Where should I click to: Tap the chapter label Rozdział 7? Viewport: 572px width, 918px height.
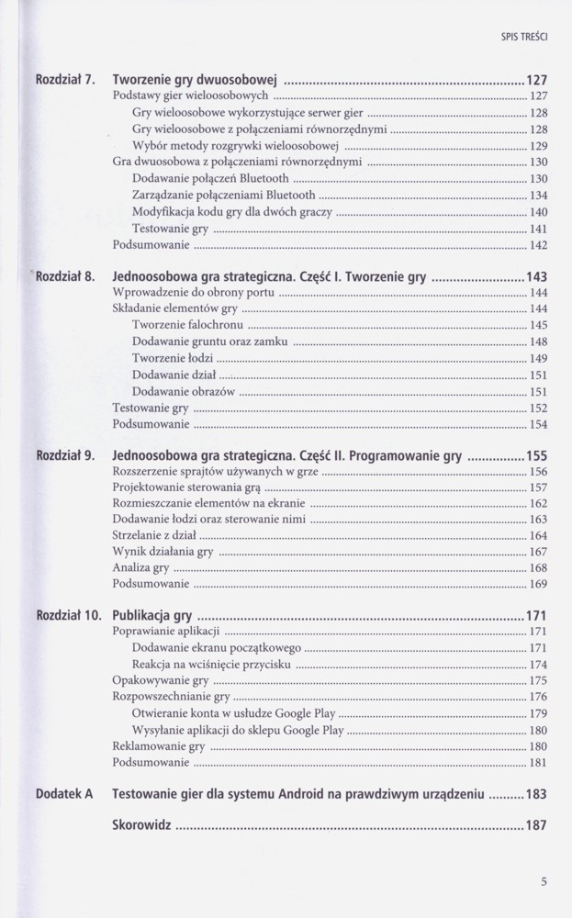pos(65,79)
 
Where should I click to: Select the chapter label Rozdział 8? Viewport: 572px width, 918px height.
pos(66,276)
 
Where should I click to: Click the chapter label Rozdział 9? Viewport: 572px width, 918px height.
pos(65,454)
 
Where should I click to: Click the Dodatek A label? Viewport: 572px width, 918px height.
pos(64,793)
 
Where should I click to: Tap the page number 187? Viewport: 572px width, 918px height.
pos(536,825)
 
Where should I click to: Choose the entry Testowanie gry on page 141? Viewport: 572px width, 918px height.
pos(170,229)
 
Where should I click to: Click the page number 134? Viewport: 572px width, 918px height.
pos(539,196)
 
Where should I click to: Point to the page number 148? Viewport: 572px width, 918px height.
pos(539,341)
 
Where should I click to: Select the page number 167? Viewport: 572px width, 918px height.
pos(539,552)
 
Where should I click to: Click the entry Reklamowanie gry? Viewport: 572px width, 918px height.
pos(158,746)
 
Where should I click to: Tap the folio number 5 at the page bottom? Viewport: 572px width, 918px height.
pos(544,883)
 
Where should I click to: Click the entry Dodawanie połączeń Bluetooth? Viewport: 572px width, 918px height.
pos(210,178)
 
